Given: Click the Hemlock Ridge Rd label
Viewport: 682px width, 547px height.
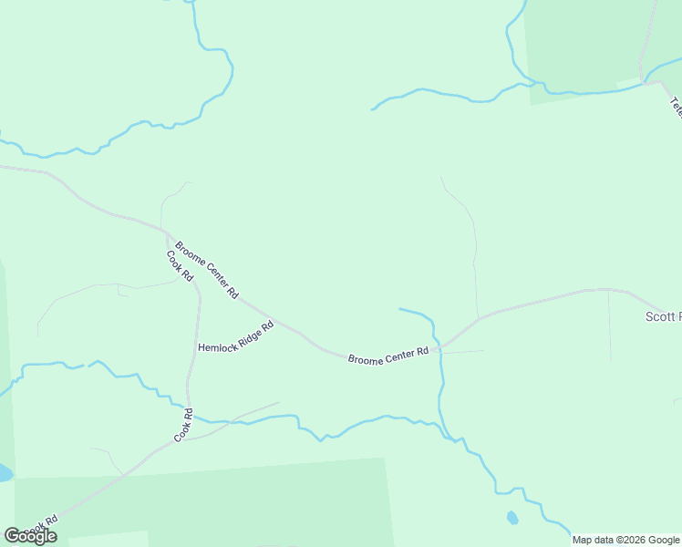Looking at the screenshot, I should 235,337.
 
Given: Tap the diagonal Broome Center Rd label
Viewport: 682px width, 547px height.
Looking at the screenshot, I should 207,270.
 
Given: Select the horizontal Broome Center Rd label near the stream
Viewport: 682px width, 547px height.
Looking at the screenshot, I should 387,355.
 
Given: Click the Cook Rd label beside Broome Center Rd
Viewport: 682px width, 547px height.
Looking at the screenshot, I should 181,265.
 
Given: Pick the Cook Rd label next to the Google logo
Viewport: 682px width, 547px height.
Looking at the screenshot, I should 41,526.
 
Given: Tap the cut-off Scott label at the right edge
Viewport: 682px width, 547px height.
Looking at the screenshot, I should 663,316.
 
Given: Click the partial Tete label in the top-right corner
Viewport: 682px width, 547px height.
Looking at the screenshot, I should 676,108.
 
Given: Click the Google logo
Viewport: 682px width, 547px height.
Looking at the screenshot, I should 30,536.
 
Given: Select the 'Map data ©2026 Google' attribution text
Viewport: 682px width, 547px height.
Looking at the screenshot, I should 626,540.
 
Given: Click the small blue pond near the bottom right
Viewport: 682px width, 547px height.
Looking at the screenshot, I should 511,518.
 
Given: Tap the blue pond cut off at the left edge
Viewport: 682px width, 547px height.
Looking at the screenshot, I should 5,472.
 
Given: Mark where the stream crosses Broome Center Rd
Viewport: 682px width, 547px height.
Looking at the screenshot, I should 439,347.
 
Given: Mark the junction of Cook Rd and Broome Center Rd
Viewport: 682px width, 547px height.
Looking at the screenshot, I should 164,230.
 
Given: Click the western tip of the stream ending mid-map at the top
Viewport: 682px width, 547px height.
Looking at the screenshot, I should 372,109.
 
